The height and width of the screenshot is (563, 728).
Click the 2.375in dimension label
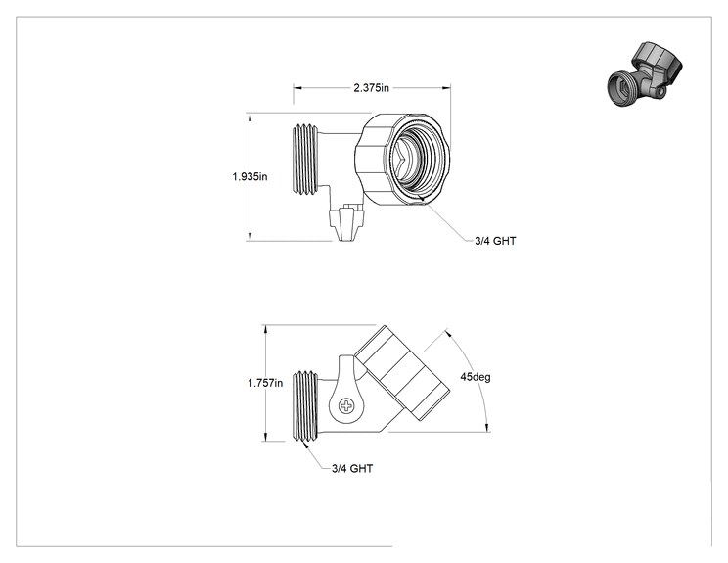coord(372,87)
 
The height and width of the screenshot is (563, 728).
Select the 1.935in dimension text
coord(250,176)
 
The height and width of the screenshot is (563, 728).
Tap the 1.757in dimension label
coord(265,383)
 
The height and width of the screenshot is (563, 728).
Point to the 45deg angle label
coord(475,377)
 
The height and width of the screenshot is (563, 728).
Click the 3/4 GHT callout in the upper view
coord(495,241)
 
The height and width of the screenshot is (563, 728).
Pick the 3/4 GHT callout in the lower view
coord(352,468)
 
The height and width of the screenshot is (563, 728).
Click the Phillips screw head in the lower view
coord(346,406)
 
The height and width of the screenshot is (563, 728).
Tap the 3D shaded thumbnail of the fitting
coord(646,74)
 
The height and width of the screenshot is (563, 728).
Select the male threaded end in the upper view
coord(305,159)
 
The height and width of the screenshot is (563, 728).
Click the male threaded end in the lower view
coord(305,405)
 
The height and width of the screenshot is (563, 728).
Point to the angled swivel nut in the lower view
coord(402,373)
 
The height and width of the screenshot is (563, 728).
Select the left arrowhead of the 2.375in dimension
coord(297,87)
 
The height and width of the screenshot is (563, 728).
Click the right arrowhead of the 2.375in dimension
coord(446,87)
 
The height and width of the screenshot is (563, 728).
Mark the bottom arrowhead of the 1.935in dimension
coord(250,236)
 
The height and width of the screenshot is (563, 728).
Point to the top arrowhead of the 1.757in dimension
coord(265,329)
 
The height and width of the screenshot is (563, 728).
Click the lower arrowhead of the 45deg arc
coord(486,427)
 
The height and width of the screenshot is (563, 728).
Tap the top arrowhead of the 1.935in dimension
coord(250,117)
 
